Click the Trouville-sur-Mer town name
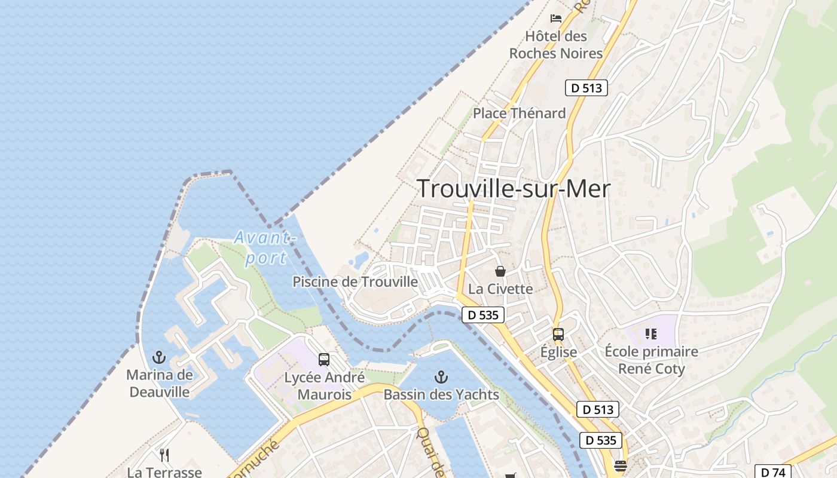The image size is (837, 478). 513,189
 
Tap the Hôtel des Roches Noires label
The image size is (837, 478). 555,45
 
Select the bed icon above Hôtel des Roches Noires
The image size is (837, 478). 556,18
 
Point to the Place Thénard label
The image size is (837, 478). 519,113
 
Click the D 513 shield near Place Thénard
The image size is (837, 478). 586,88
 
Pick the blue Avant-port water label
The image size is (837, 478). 265,247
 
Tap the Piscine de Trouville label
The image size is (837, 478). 355,281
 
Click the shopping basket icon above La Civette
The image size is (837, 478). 500,271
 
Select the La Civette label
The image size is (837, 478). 500,289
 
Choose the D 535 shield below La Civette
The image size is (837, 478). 483,315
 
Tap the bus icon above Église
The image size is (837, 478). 558,335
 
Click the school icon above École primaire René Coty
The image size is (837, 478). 651,334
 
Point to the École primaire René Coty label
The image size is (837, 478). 651,360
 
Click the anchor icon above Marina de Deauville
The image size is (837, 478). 158,357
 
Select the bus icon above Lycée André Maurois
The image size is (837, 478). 324,360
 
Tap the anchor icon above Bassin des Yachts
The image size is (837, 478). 441,377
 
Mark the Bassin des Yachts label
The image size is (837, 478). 441,394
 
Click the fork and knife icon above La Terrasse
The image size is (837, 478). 164,455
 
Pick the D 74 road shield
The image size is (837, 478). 772,471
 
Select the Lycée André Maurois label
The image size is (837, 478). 324,386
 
